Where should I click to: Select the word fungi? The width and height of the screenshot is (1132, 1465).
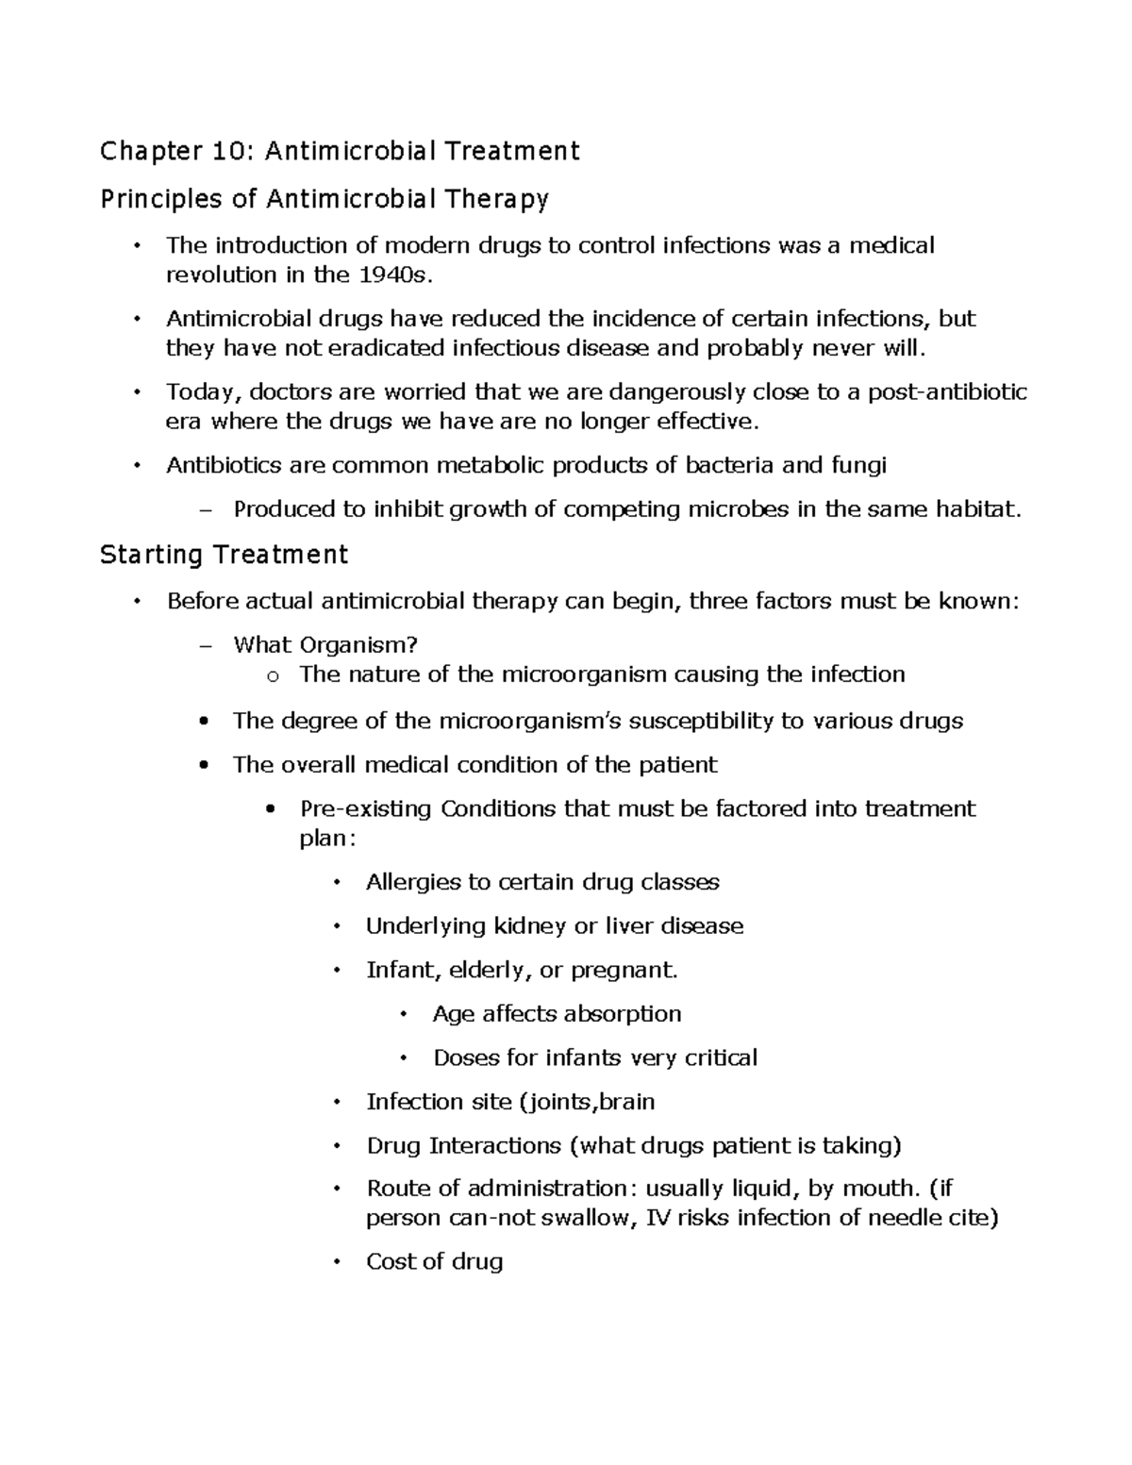(x=858, y=465)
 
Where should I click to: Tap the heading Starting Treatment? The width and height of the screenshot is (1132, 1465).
(x=224, y=555)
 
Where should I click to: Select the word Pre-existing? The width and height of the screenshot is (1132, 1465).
(x=365, y=808)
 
